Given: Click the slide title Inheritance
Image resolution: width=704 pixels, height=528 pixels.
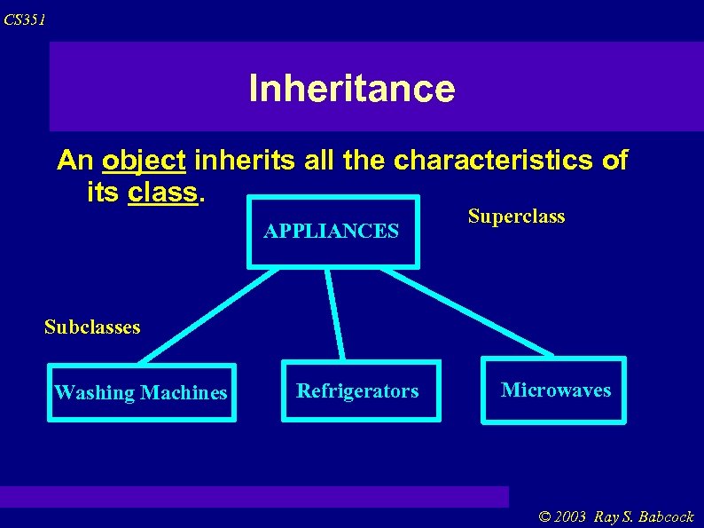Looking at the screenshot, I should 351,89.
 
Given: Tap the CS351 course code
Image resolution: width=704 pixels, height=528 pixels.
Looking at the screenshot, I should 24,20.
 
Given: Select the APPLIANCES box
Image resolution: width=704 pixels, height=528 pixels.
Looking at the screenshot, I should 332,232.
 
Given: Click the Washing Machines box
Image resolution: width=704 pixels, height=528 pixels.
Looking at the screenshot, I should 141,392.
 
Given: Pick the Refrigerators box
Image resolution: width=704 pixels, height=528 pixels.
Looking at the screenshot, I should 358,390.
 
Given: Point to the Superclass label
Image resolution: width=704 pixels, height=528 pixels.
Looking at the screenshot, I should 516,217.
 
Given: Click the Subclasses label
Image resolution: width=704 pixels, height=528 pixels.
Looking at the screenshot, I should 92,327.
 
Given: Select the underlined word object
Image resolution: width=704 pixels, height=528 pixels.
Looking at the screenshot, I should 144,161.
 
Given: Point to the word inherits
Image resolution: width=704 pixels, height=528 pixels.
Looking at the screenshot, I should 232,161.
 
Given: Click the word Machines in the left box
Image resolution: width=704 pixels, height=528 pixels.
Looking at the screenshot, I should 184,392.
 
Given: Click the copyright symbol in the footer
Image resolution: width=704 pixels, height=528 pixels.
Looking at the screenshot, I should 544,516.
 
